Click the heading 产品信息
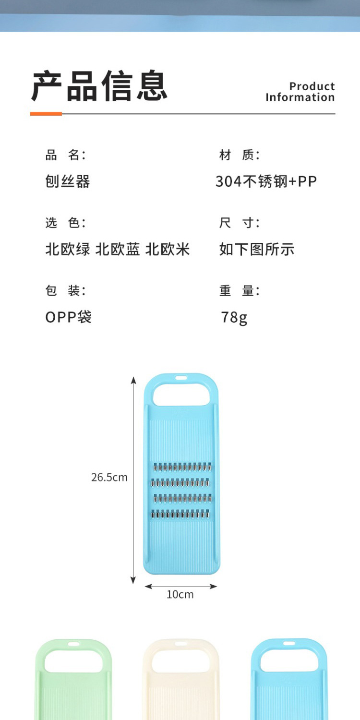point(99,86)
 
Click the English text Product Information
point(300,92)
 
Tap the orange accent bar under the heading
point(46,114)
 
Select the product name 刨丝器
point(68,181)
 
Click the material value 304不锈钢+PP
point(266,181)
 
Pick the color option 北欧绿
point(68,249)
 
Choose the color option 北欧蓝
point(118,249)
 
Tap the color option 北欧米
point(168,249)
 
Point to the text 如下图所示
point(256,249)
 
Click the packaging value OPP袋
point(68,317)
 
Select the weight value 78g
point(234,317)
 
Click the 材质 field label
point(239,155)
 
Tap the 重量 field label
point(239,290)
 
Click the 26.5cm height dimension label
point(109,477)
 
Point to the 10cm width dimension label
point(180,594)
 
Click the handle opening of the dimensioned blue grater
point(181,396)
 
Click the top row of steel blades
point(182,467)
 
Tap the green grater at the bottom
point(73,682)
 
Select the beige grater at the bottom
point(181,682)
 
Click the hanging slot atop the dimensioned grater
point(181,378)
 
